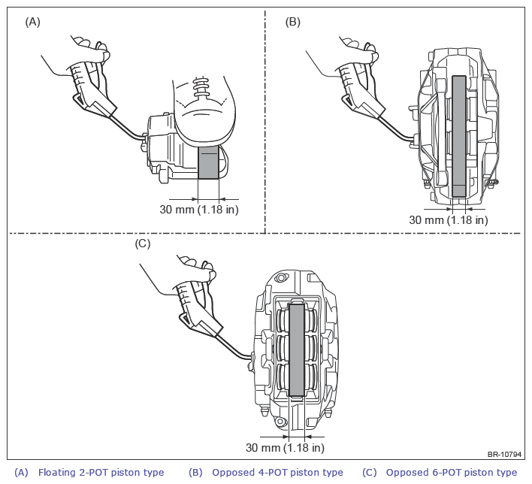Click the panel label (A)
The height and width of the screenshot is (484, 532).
32,22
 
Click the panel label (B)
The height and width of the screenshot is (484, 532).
293,22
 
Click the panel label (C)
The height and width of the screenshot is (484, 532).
143,244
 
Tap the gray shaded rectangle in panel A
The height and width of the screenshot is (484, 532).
208,162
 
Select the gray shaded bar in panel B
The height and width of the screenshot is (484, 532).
459,136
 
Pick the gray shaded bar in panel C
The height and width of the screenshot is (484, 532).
297,350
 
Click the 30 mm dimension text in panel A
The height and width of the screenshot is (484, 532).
199,210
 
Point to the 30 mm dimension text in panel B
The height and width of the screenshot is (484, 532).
449,220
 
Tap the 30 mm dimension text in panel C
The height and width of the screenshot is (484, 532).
285,448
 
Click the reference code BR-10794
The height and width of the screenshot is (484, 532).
504,454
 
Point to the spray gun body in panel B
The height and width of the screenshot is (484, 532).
361,90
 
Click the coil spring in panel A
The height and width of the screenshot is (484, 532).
201,87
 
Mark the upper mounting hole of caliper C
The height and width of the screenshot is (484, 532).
280,278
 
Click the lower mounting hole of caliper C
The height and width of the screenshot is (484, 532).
280,422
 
